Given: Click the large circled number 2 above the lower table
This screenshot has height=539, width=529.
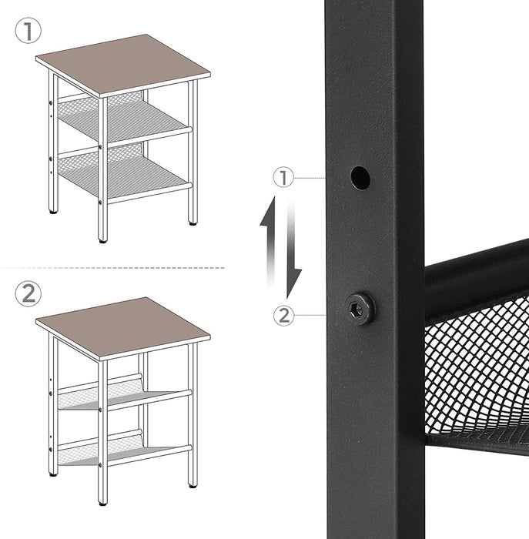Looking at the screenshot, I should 28,293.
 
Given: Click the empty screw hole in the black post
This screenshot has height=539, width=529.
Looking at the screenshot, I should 360,178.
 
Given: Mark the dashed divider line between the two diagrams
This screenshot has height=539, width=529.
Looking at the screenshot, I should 116,267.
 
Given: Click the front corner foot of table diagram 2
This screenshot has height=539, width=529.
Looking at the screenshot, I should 103,500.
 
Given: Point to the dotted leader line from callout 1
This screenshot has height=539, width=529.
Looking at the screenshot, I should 312,179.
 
